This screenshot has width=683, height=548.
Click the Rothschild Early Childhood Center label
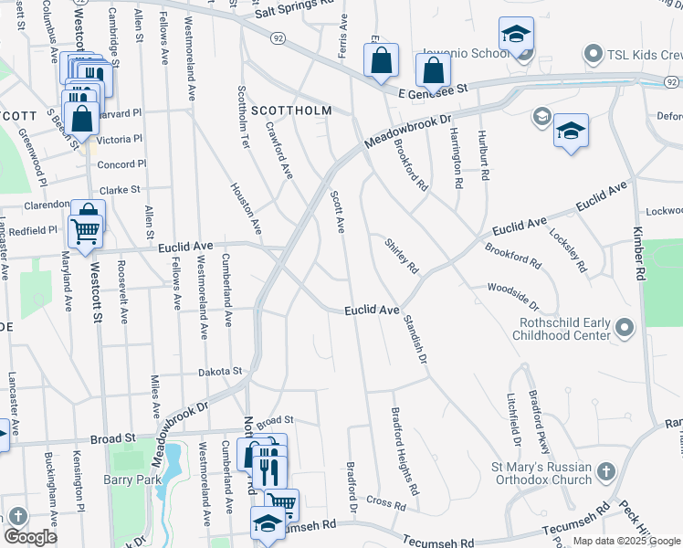coord(564,329)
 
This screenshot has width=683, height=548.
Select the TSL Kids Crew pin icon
coord(594,54)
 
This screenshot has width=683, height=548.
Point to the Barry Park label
coord(132,479)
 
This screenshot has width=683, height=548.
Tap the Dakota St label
coord(221,372)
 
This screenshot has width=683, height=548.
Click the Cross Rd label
coord(386,503)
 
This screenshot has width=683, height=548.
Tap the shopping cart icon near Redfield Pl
coord(85,232)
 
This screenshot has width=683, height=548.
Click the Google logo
coord(30,536)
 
